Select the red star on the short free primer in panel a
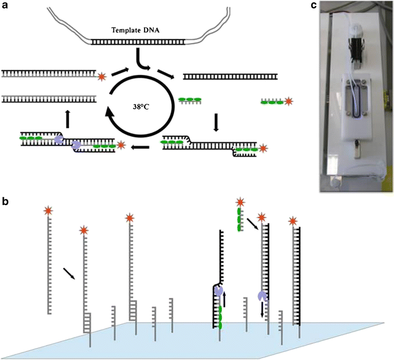[289, 102]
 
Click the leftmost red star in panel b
[49, 212]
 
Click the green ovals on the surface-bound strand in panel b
[219, 318]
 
